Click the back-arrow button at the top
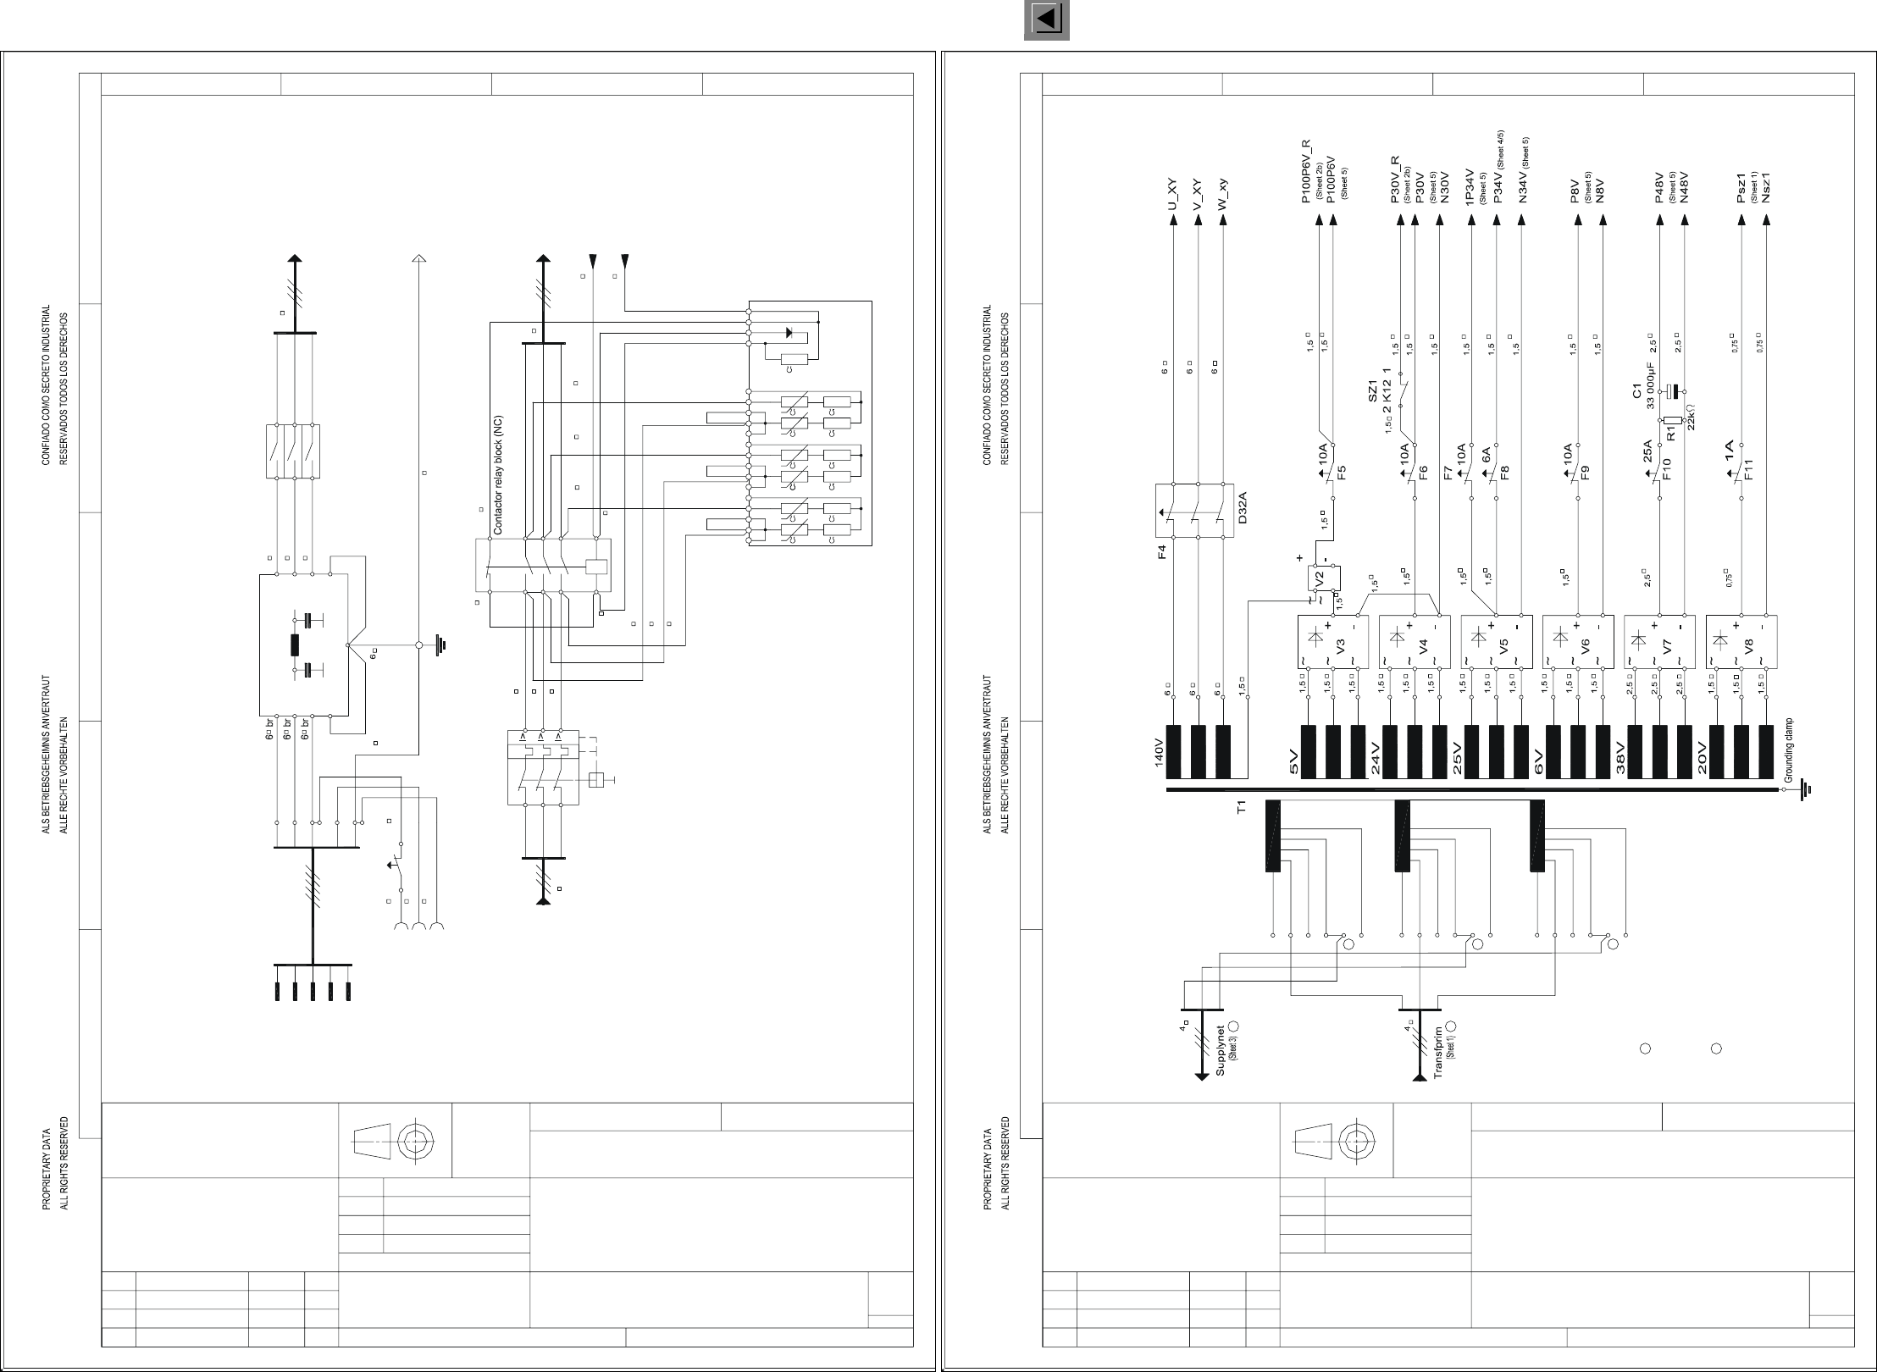[x=1046, y=20]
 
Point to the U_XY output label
[x=1173, y=194]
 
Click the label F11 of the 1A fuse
[x=1748, y=468]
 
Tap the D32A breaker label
[x=1242, y=509]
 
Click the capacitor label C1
[x=1637, y=392]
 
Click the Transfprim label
[x=1438, y=1054]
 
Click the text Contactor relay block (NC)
[x=498, y=475]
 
